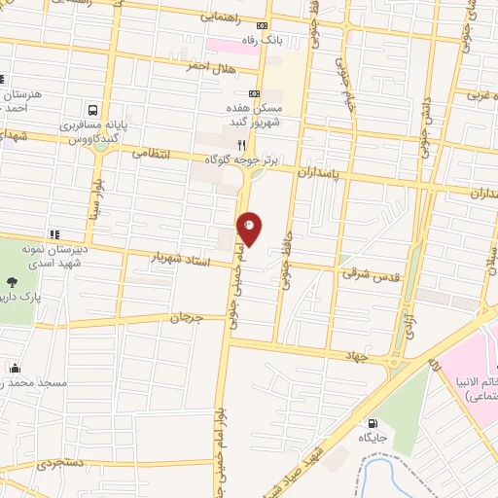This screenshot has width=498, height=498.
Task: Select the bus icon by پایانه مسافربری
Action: click(x=93, y=112)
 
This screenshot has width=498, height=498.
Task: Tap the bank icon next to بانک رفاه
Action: click(x=261, y=26)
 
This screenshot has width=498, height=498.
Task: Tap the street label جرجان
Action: click(x=186, y=317)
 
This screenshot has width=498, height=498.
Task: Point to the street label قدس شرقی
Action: click(x=365, y=273)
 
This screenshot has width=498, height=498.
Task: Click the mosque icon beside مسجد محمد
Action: click(x=16, y=369)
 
